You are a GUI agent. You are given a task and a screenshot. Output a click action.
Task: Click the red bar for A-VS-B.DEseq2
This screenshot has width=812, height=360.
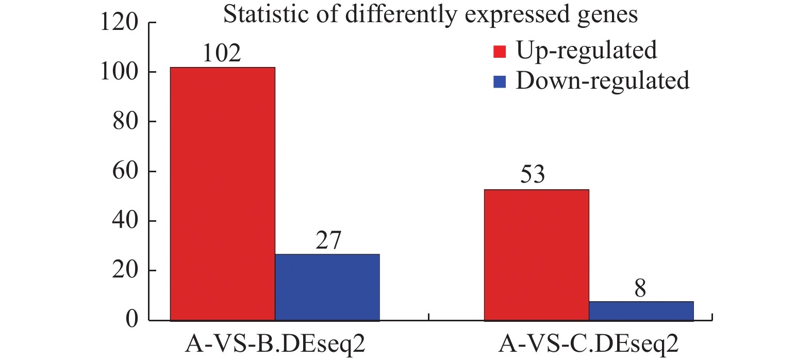(222, 193)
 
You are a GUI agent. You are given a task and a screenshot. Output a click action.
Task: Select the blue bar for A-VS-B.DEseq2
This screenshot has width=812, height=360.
(327, 287)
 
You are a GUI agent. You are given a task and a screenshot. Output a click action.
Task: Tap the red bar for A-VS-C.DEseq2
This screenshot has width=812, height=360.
(536, 255)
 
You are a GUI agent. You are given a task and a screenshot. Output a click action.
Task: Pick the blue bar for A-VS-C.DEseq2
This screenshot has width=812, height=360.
(641, 310)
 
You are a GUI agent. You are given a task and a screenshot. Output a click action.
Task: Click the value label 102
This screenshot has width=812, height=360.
(222, 53)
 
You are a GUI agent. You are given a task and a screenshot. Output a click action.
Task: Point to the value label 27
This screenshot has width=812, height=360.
(328, 240)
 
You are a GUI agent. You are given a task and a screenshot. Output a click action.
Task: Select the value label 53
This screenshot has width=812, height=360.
(533, 174)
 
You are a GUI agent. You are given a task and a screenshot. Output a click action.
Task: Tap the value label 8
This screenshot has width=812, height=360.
(640, 288)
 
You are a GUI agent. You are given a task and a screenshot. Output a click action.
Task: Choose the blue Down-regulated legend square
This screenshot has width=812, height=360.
(500, 81)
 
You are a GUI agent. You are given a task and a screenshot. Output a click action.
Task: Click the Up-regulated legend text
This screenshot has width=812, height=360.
(586, 51)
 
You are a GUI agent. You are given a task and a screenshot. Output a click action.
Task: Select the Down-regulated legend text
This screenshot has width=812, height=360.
(602, 80)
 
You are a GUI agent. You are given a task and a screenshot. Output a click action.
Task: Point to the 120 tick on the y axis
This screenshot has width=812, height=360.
(119, 23)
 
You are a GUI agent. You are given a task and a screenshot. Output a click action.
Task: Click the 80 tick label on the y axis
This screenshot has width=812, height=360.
(126, 122)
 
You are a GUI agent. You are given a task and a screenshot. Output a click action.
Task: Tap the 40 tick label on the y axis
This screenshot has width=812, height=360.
(126, 221)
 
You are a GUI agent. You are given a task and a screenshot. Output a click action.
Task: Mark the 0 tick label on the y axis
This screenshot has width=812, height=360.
(132, 320)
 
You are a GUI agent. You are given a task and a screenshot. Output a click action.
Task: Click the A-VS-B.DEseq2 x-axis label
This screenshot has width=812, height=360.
(275, 344)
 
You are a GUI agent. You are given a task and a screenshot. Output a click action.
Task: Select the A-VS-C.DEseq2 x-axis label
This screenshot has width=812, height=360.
(588, 344)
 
